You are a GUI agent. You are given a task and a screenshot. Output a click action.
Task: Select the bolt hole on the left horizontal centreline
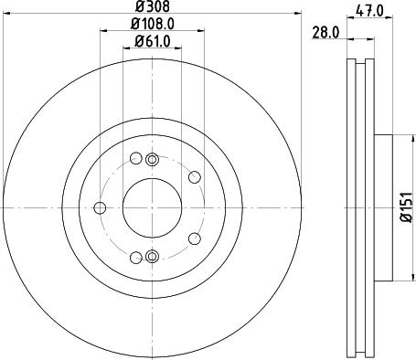pyautogui.click(x=100, y=207)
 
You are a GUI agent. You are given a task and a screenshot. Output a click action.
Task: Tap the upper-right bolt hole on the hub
pyautogui.click(x=194, y=178)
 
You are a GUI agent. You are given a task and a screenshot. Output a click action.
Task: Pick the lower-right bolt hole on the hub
pyautogui.click(x=194, y=238)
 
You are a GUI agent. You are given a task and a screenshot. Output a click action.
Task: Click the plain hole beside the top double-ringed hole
pyautogui.click(x=135, y=157)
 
